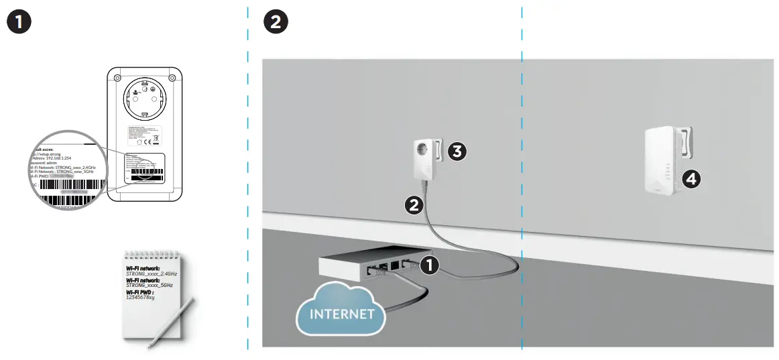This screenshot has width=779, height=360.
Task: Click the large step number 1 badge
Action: [19, 21]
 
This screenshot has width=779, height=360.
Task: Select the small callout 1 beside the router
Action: [428, 266]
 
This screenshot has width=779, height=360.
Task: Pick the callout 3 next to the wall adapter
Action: [457, 152]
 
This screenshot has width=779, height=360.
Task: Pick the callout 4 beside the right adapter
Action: [691, 178]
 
